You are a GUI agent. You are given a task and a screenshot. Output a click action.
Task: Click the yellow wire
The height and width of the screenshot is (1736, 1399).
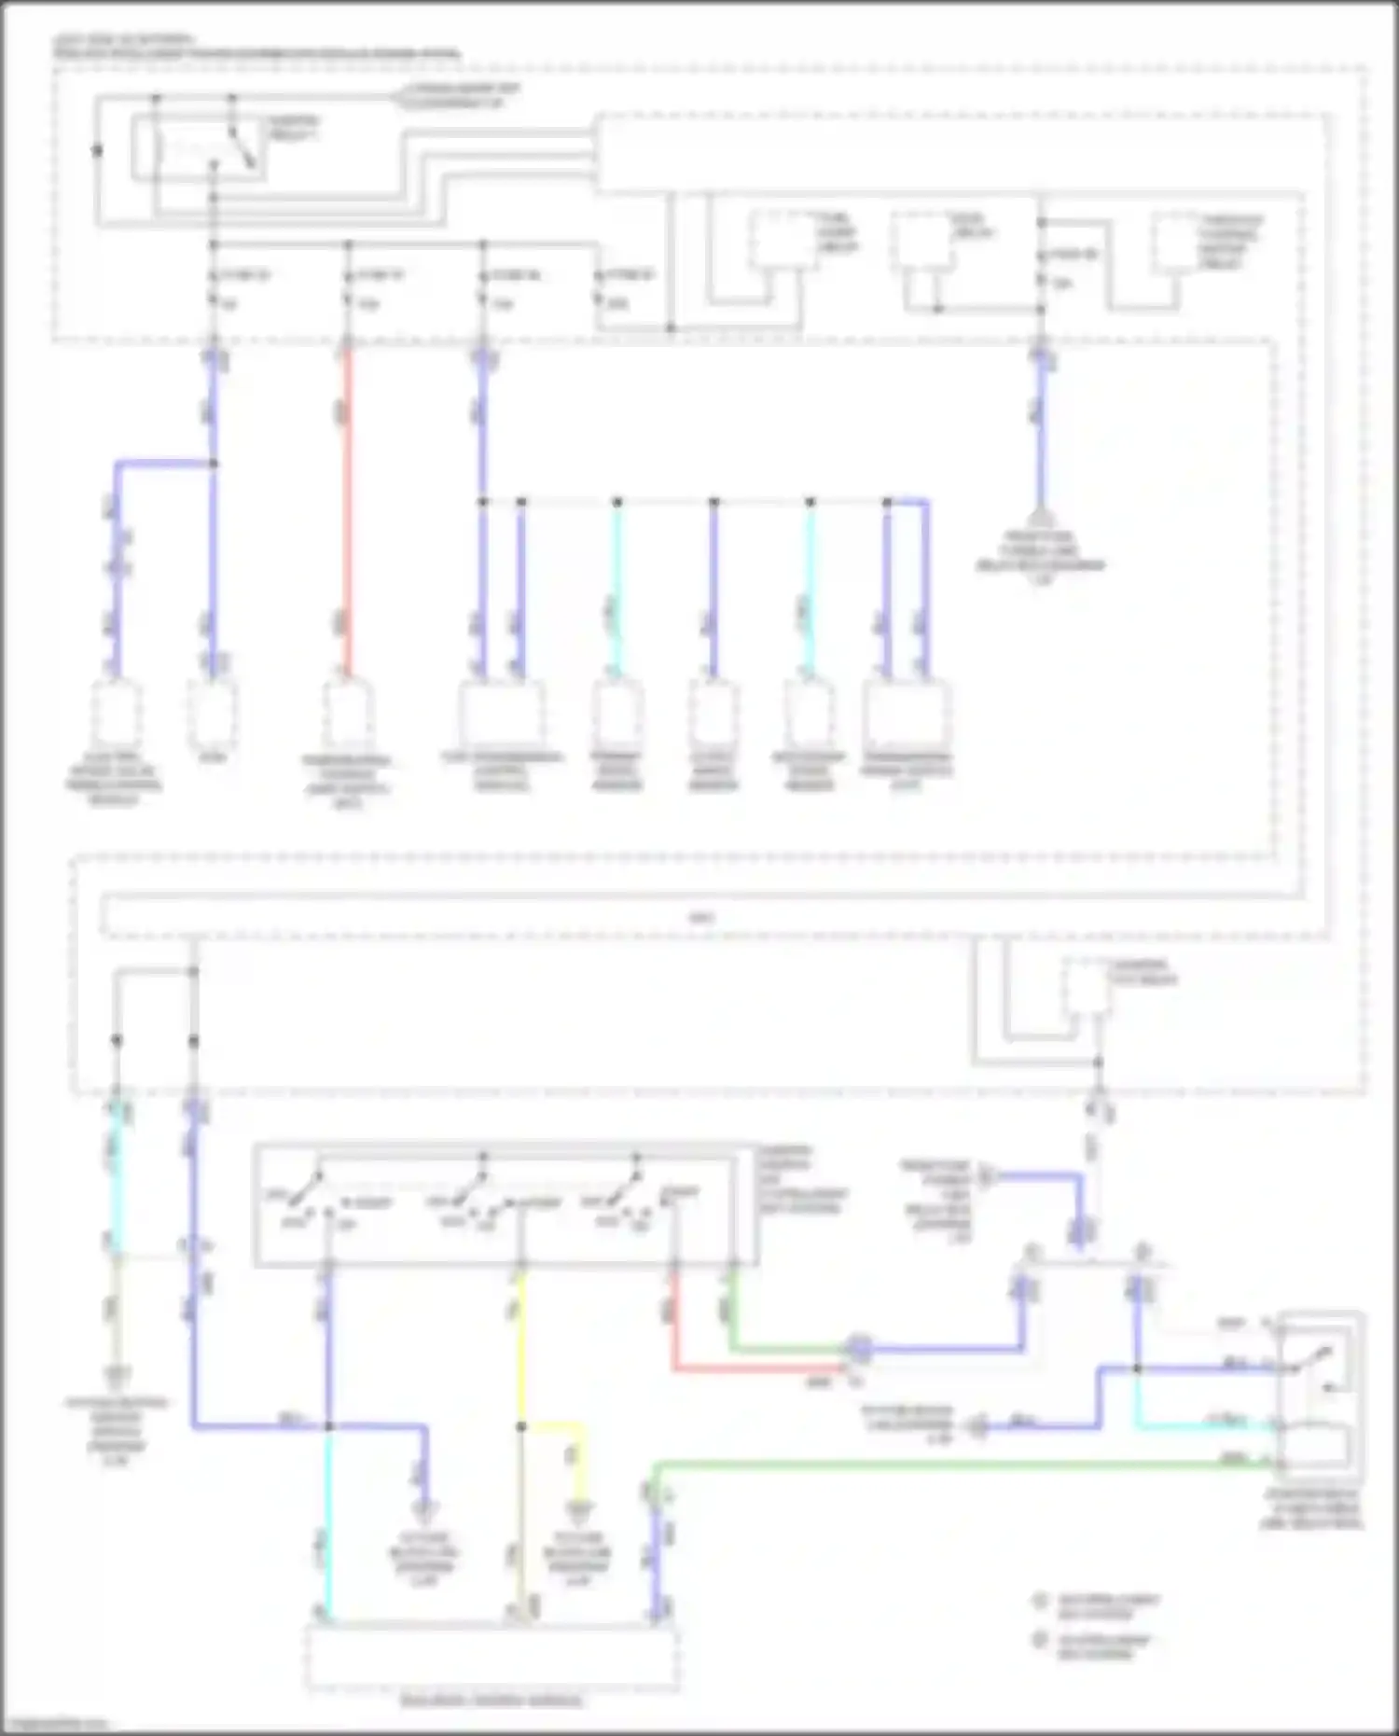click(x=520, y=1343)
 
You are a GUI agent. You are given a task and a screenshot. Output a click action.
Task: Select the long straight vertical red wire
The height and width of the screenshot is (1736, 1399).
click(x=347, y=513)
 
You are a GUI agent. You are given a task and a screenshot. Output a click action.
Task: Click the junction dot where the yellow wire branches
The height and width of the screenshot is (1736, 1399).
click(x=520, y=1426)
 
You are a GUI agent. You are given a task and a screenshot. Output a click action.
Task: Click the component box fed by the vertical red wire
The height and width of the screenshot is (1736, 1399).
click(x=347, y=716)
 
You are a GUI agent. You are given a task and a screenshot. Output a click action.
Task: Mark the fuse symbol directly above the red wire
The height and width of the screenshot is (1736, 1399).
click(x=348, y=288)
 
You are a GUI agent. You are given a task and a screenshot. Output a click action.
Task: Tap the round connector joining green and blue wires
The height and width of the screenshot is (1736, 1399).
click(x=858, y=1348)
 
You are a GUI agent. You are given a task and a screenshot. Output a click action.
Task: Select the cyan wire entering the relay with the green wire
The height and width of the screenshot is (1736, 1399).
click(x=1203, y=1424)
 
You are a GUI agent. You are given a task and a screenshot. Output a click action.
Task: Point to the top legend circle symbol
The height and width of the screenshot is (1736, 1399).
click(x=1041, y=1601)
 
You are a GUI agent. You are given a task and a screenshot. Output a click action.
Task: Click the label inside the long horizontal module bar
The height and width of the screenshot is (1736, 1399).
click(x=701, y=918)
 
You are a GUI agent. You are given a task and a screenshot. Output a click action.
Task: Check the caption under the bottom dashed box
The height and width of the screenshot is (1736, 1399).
click(x=492, y=1701)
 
